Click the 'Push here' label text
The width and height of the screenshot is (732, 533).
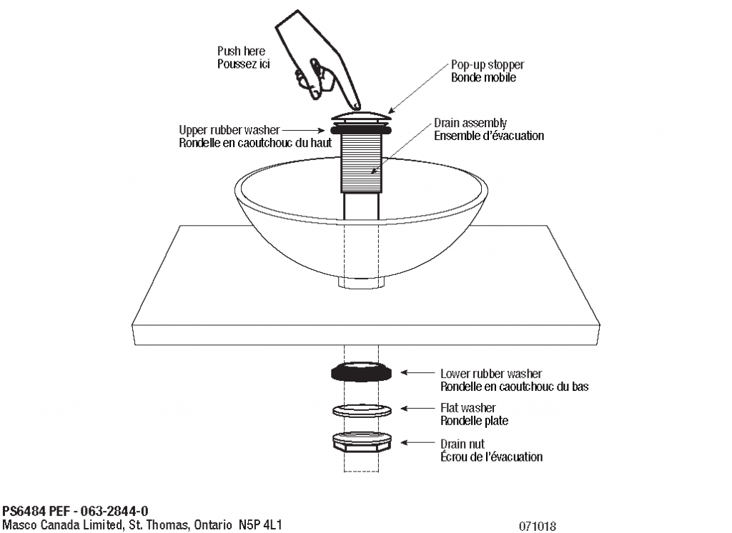click(x=241, y=51)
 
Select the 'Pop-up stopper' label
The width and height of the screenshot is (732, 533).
click(x=487, y=65)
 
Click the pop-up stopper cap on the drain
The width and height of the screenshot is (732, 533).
click(x=362, y=114)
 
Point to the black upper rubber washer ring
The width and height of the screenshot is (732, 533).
click(x=362, y=130)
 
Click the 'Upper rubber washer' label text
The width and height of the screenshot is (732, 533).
click(x=229, y=130)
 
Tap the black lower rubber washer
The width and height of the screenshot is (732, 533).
click(x=362, y=373)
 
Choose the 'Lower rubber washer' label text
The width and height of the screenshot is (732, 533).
click(x=490, y=374)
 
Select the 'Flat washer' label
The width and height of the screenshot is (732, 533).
click(x=468, y=408)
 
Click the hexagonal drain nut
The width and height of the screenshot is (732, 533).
click(x=362, y=442)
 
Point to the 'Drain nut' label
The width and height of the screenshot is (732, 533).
click(x=462, y=444)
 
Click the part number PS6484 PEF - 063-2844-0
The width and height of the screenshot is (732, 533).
click(x=75, y=511)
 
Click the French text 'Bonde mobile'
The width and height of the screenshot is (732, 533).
click(x=483, y=77)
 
